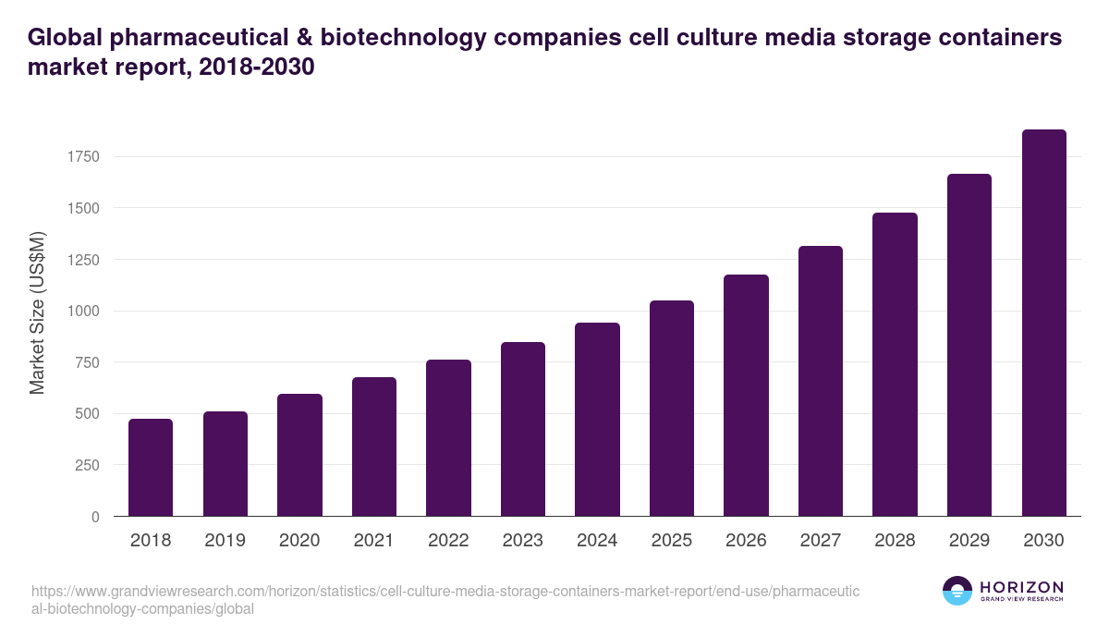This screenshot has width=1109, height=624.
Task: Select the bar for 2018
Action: [151, 468]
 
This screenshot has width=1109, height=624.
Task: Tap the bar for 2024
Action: [597, 420]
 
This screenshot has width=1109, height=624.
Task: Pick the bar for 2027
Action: [821, 381]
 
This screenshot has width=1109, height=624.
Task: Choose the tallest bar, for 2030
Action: [1044, 323]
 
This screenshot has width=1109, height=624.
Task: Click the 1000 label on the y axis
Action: [83, 311]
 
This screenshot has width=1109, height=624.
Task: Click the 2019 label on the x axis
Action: [225, 541]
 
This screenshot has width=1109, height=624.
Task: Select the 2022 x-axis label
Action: [448, 541]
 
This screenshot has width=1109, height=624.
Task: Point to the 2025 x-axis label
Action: [672, 541]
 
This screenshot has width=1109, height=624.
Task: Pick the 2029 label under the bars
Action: [969, 541]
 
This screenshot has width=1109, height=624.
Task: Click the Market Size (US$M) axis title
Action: [37, 312]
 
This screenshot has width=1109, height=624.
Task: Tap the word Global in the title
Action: [64, 38]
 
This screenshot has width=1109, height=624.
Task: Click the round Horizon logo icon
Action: [957, 591]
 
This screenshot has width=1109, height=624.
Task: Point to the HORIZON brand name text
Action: [1021, 586]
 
